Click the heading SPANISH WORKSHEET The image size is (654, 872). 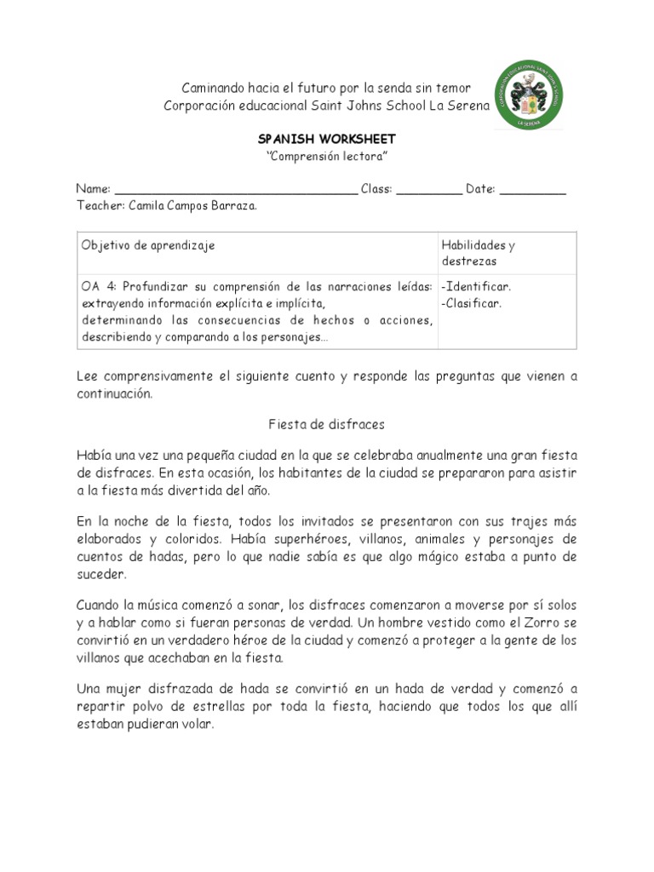click(x=327, y=139)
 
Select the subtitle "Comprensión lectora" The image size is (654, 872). click(x=327, y=156)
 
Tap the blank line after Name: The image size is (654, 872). click(x=236, y=190)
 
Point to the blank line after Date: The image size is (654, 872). click(x=532, y=190)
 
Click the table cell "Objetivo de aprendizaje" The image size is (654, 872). click(x=148, y=245)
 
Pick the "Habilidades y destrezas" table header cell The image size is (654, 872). click(x=478, y=253)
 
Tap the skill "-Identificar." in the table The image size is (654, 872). click(x=476, y=287)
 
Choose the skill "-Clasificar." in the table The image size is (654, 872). click(x=471, y=303)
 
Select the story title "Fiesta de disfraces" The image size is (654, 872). click(x=326, y=424)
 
